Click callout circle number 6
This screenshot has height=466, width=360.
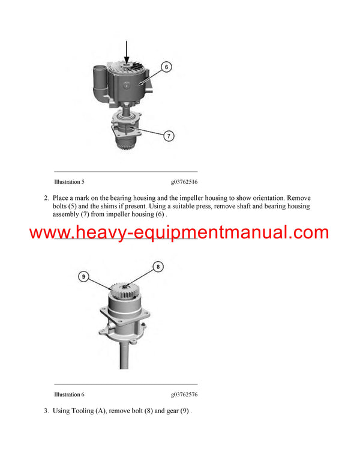coord(166,67)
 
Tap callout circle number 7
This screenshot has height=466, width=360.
coord(169,136)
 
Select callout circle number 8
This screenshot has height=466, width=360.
coord(158,266)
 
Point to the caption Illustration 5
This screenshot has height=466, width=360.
coord(70,181)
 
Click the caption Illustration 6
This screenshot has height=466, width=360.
coord(70,395)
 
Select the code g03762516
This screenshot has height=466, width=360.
coord(184,181)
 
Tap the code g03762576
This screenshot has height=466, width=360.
coord(184,395)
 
